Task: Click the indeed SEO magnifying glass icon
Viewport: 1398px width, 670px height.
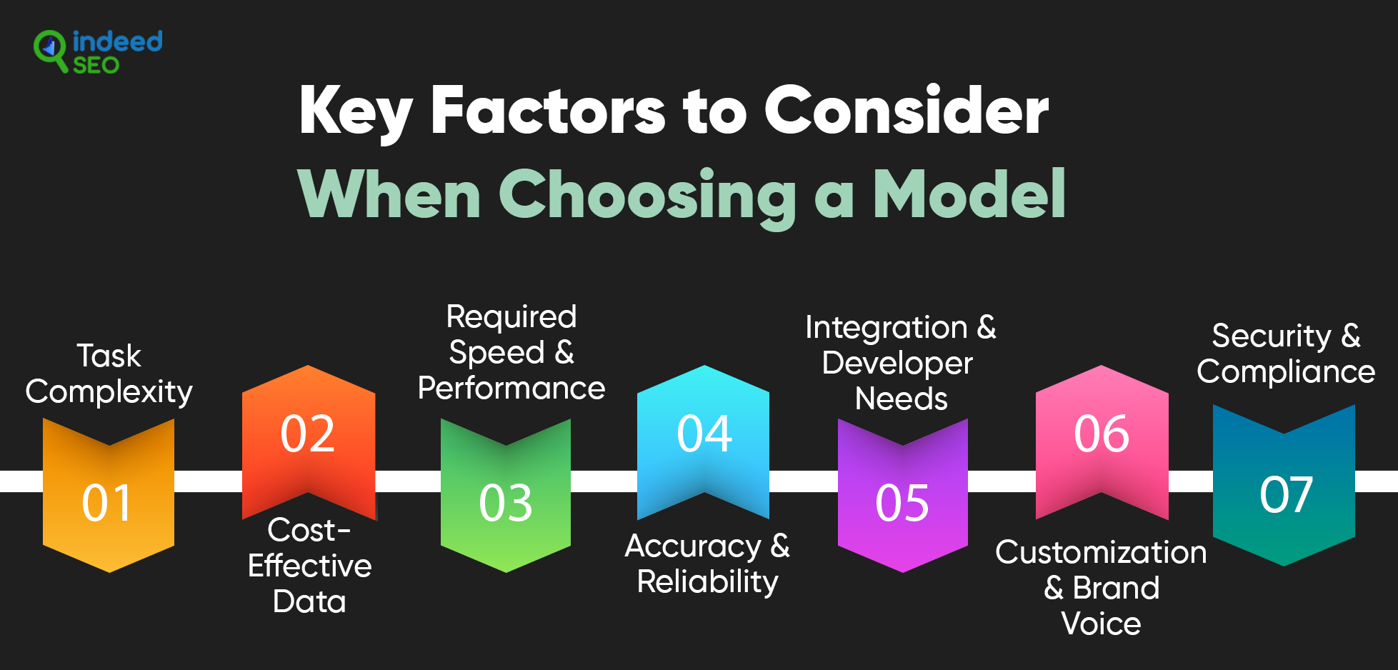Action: point(50,50)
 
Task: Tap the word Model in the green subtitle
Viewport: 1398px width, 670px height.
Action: point(969,194)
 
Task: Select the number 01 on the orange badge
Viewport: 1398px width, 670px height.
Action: point(107,503)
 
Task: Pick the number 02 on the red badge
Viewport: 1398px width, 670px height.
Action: point(307,434)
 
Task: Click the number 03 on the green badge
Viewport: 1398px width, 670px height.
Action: point(506,503)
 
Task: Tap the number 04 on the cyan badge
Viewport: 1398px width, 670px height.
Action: point(704,434)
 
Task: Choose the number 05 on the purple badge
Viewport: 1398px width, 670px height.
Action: point(902,503)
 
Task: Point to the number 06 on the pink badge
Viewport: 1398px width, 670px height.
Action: point(1102,434)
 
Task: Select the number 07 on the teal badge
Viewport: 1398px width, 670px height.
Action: point(1286,494)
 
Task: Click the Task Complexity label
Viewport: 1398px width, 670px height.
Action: point(109,374)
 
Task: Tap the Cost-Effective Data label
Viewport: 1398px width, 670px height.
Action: point(309,566)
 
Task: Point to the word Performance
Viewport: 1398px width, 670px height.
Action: point(511,388)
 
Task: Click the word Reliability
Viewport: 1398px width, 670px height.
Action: point(708,582)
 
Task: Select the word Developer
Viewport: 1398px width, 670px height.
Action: point(897,364)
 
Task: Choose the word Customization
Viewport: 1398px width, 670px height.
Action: point(1101,552)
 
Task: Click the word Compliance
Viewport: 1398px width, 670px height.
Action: point(1286,372)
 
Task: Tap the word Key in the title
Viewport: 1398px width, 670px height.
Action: point(356,111)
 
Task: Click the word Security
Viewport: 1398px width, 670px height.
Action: point(1272,336)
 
